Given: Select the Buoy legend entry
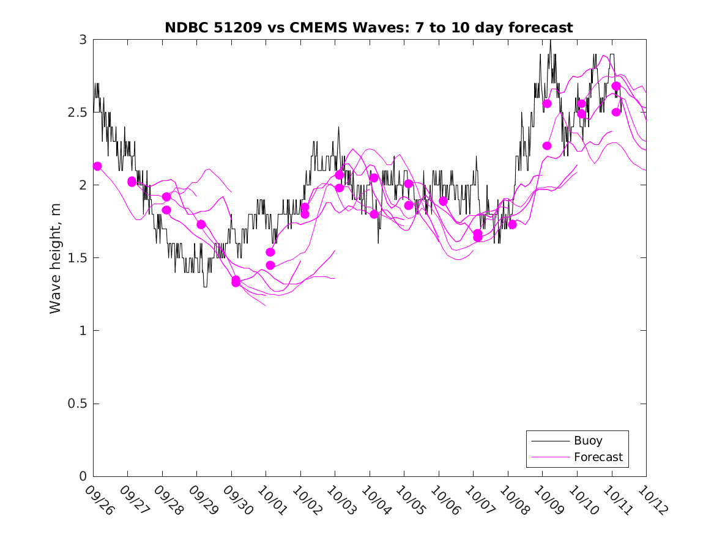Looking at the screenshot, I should [587, 440].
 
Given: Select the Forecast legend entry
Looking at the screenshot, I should [598, 457].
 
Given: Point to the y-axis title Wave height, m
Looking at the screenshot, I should [56, 257].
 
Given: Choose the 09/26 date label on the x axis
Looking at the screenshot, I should [100, 500].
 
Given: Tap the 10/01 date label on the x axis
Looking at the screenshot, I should [272, 500].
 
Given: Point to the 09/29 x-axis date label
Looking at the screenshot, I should [203, 500].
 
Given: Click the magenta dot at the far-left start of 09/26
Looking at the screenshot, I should [97, 166].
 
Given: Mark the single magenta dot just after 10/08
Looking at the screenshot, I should [512, 224].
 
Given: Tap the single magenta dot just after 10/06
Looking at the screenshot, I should [443, 201].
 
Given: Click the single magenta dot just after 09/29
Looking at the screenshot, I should [201, 224].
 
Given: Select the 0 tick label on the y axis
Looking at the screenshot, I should [82, 477].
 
